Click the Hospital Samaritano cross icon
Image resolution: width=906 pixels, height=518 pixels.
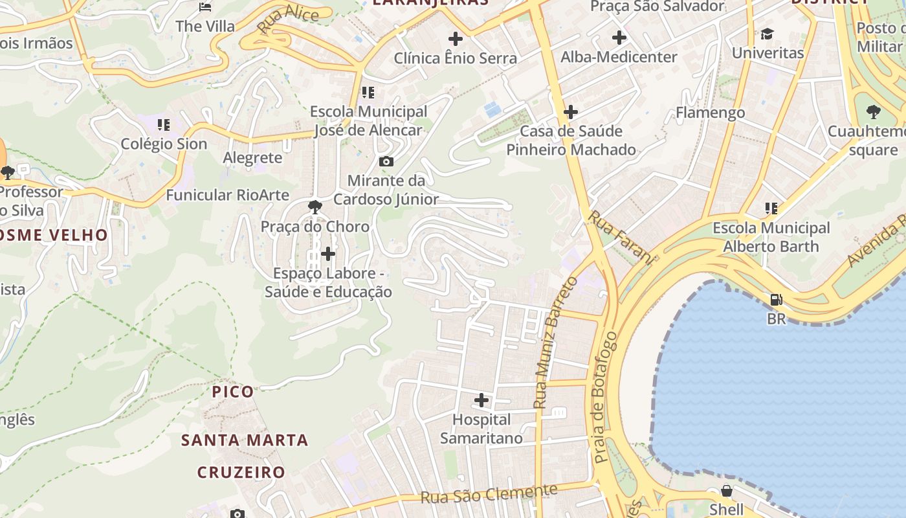pos(481,400)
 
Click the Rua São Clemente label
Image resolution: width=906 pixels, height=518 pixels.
pos(489,494)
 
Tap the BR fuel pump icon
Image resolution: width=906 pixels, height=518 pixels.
pos(775,300)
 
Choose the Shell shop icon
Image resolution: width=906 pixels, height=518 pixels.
pos(727,491)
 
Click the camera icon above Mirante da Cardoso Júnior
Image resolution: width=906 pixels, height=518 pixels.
pos(386,161)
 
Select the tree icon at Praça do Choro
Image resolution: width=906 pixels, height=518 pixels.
pos(315,207)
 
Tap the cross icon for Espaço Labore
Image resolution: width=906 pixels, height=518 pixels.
pos(328,253)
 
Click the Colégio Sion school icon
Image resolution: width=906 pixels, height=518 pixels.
pos(164,124)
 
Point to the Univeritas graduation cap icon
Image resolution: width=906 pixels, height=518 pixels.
pos(767,34)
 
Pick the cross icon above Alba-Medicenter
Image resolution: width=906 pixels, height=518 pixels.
pos(619,38)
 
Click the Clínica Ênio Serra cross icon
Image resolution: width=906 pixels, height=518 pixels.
pos(456,39)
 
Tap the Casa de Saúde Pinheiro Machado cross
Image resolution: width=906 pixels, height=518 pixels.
pos(570,112)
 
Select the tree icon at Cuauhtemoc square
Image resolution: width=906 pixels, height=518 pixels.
pos(873,112)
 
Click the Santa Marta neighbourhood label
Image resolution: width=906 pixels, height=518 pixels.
pos(245,440)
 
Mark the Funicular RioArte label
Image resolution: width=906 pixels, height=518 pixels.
pos(218,195)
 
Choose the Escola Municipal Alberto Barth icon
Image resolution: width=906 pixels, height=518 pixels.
pos(771,208)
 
